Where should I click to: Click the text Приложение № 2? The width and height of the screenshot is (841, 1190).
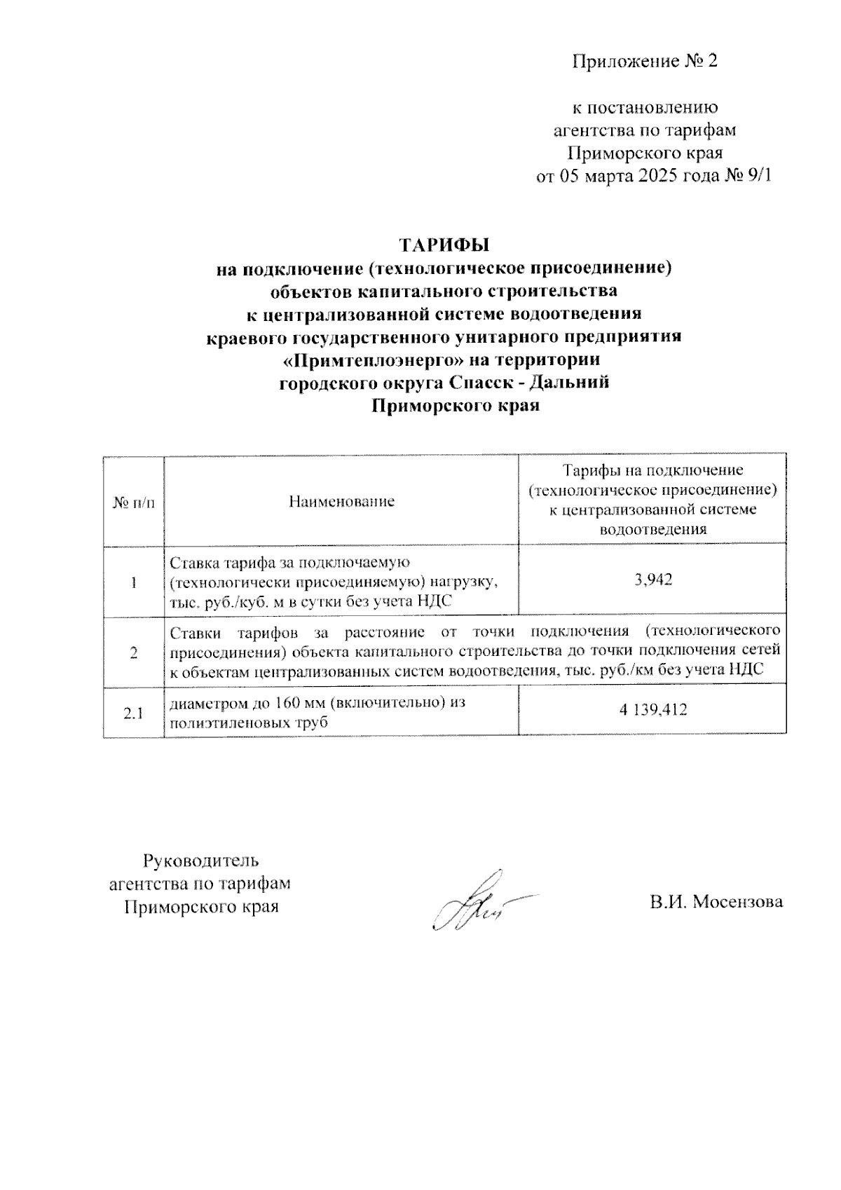[x=645, y=62]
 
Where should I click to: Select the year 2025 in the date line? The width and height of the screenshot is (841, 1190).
[x=661, y=175]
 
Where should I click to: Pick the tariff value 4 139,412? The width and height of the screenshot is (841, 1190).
[x=652, y=709]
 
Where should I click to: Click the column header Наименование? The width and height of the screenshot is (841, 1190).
[x=341, y=501]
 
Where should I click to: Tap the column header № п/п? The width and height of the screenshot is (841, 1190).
[x=133, y=502]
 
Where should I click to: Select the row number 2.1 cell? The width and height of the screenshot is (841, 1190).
[x=133, y=713]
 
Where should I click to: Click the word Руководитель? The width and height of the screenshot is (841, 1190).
[x=201, y=860]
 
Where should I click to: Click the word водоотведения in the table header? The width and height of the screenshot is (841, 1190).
[x=652, y=529]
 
